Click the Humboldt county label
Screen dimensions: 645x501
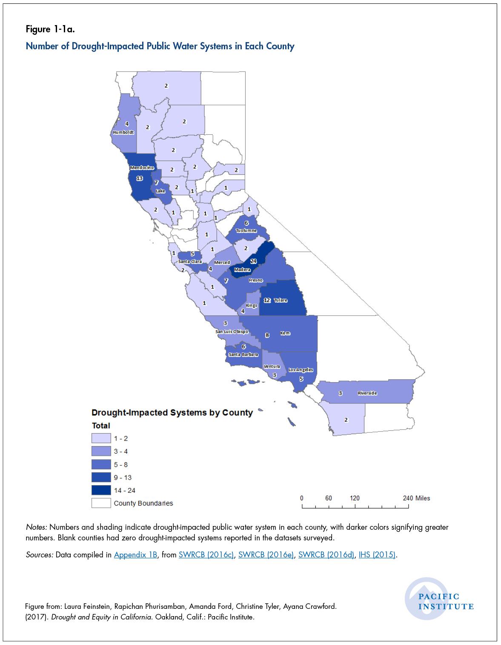tap(123, 132)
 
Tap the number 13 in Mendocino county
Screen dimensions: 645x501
tap(139, 178)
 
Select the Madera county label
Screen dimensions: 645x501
tap(242, 270)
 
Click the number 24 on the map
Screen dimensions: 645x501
tap(253, 261)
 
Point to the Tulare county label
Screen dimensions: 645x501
tap(281, 300)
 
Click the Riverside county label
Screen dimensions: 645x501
tap(367, 393)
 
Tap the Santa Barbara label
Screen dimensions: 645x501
tap(243, 355)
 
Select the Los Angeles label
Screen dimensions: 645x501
tap(301, 370)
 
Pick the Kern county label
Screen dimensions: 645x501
tap(285, 333)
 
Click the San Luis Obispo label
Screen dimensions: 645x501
tap(232, 332)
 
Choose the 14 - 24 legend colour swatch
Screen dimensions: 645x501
tap(101, 490)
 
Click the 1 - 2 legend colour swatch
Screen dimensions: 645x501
tap(101, 438)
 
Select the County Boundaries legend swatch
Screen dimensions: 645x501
tap(101, 503)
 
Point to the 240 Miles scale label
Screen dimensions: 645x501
tap(416, 498)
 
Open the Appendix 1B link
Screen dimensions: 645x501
tap(135, 555)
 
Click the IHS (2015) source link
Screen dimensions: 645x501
tap(377, 555)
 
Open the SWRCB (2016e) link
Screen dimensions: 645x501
tap(266, 555)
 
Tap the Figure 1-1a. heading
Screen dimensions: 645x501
tap(50, 29)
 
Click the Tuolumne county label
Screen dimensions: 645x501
tap(246, 230)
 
